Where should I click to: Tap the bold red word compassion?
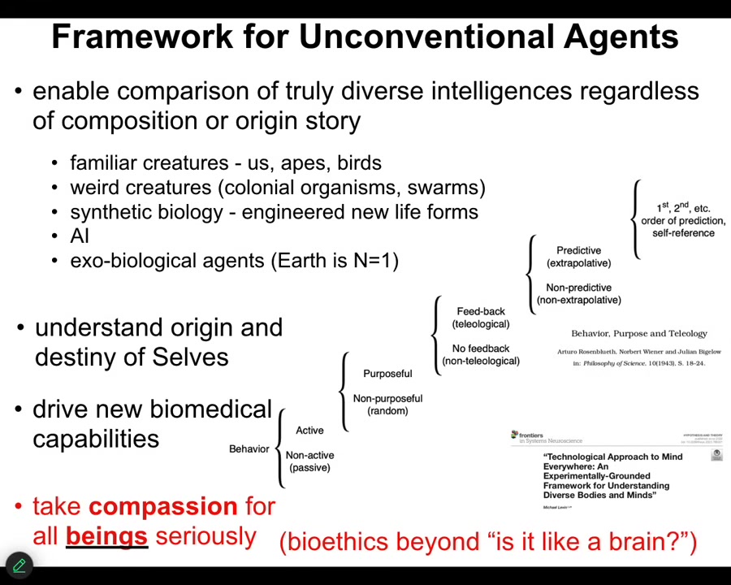tap(162, 506)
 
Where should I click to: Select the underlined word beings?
tap(106, 536)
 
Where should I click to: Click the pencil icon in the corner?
tap(19, 565)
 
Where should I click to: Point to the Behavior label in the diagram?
tap(249, 448)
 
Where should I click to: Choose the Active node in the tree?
tap(309, 430)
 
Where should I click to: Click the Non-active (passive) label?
tap(309, 461)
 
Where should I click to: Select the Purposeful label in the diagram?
tap(387, 374)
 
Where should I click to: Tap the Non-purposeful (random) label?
tap(387, 404)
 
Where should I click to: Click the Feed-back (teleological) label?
tap(481, 318)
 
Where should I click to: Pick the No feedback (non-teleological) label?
tap(481, 354)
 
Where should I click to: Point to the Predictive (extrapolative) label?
tap(578, 257)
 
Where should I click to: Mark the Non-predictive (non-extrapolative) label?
tap(578, 293)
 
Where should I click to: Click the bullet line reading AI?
tap(80, 236)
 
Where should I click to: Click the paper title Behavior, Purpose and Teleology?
tap(639, 333)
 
